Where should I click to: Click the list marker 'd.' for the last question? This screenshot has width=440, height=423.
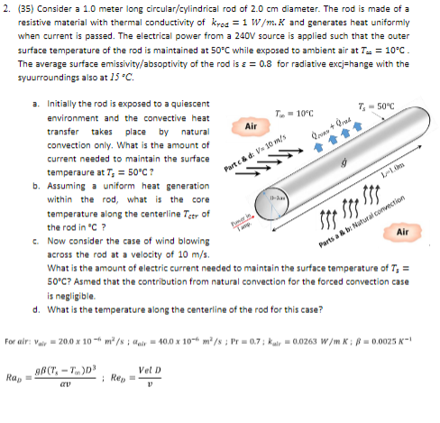pos(33,310)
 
